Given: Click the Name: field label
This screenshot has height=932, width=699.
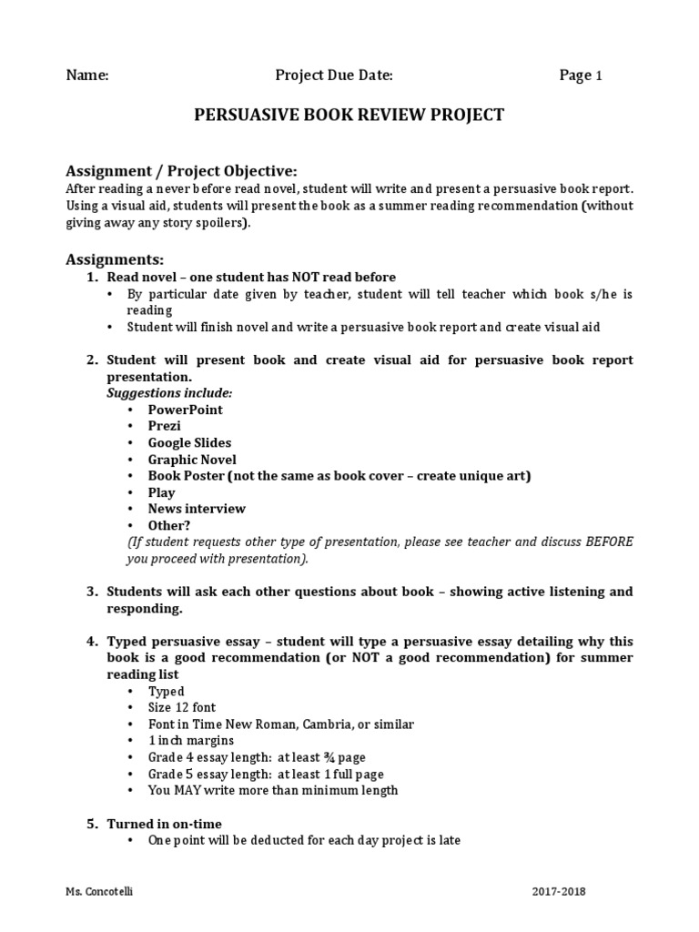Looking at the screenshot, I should tap(87, 76).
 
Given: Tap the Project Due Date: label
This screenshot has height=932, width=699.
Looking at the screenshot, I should tap(334, 76).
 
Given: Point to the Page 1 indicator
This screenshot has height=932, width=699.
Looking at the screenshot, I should tap(580, 76).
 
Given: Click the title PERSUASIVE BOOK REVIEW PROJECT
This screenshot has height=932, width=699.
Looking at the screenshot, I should tap(349, 115).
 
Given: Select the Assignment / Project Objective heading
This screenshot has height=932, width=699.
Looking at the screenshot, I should tap(181, 171).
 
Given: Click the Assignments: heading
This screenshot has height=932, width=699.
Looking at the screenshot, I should tap(115, 259).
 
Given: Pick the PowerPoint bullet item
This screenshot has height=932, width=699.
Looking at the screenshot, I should tap(185, 410).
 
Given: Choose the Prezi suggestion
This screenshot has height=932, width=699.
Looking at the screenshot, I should tap(165, 426).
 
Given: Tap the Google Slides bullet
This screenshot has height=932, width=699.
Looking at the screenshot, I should tap(189, 442).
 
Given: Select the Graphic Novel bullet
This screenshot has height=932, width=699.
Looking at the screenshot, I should tap(192, 460).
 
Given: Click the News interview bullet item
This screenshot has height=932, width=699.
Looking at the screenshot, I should tap(197, 509).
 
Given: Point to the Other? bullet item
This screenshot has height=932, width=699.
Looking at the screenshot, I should tap(169, 525).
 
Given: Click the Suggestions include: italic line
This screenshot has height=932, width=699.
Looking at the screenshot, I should tap(169, 392).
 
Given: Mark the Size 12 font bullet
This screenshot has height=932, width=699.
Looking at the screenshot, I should tap(182, 707).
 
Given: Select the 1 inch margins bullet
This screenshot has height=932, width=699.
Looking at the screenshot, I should tap(190, 741).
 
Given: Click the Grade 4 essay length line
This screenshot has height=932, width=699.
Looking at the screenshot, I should tap(257, 757).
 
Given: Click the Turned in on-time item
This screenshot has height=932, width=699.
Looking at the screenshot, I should tap(164, 824).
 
